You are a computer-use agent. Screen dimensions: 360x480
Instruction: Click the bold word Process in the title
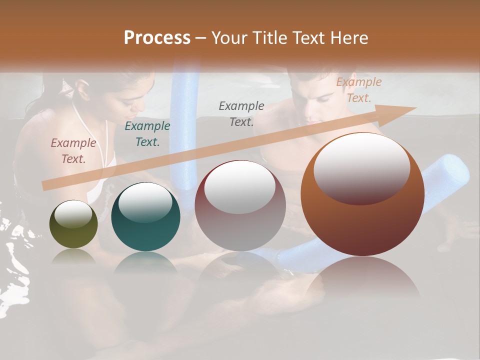[157, 38]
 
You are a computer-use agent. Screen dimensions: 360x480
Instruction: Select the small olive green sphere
[73, 224]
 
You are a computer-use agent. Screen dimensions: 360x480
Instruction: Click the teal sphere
[145, 217]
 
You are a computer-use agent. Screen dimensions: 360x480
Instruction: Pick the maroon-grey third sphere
[240, 205]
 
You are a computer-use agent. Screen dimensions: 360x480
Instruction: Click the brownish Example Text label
[73, 150]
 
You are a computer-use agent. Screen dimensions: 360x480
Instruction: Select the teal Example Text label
[147, 133]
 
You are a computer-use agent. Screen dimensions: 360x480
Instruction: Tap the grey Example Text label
[241, 113]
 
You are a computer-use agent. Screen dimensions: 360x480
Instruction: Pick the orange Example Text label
[358, 90]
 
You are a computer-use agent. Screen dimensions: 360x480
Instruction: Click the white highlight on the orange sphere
[361, 168]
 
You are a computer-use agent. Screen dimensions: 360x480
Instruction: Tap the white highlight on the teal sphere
[145, 202]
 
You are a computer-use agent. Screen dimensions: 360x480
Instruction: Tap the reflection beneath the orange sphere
[362, 280]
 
